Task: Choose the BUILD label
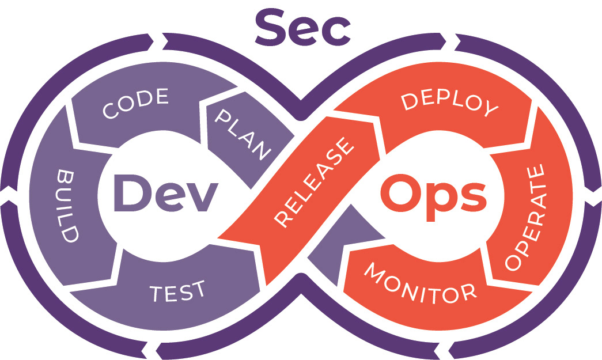(68, 206)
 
